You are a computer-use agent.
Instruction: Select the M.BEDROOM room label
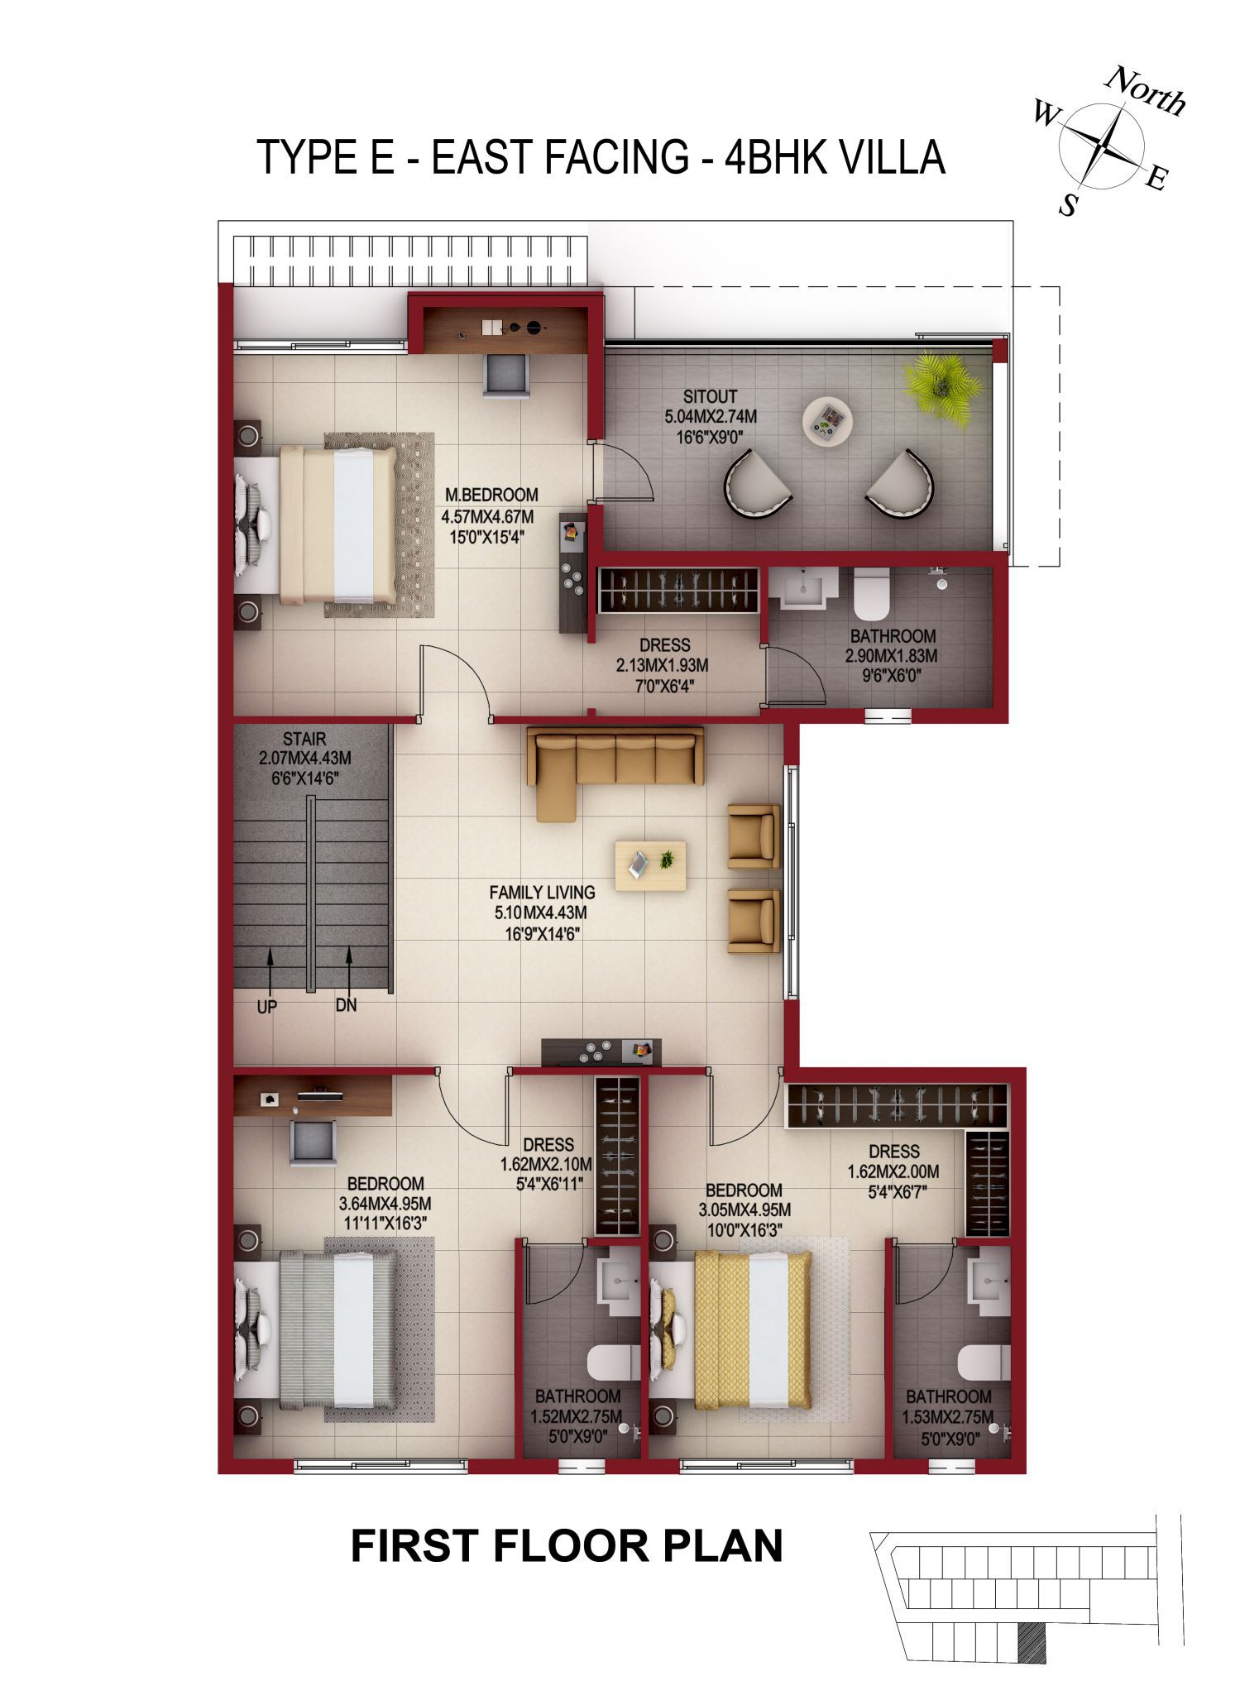491,496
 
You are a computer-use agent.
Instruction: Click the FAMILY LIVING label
542,893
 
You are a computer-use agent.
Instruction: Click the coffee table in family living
650,865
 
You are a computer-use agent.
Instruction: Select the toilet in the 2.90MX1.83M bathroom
871,594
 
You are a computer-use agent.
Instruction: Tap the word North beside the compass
1146,91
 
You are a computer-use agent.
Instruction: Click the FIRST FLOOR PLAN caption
567,1545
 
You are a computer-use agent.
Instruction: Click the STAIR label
304,739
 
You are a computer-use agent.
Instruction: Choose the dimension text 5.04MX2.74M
710,417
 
